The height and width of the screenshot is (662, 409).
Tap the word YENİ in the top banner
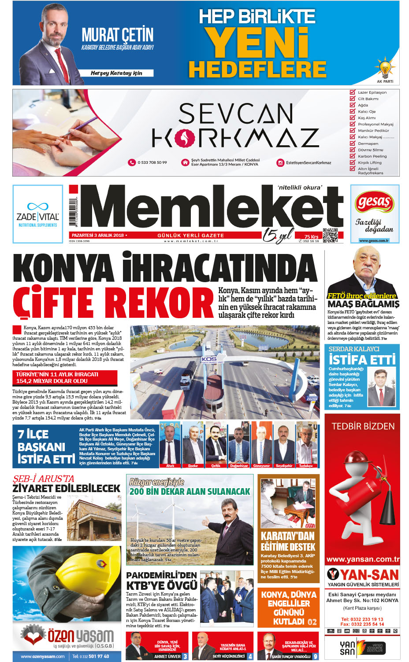(x=258, y=43)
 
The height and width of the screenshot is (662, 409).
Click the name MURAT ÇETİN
(x=118, y=35)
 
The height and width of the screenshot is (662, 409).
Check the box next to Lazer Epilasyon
(x=352, y=92)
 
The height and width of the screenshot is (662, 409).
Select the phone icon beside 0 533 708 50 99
(x=131, y=162)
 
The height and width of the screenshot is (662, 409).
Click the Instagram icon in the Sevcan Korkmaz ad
(x=280, y=163)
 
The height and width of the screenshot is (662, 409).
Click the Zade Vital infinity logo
(x=37, y=206)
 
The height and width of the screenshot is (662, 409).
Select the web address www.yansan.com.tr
(x=363, y=559)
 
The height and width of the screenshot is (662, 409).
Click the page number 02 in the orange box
(x=312, y=622)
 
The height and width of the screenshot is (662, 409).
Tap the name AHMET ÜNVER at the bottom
(x=167, y=656)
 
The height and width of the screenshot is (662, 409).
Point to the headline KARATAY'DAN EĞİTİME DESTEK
(x=288, y=541)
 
